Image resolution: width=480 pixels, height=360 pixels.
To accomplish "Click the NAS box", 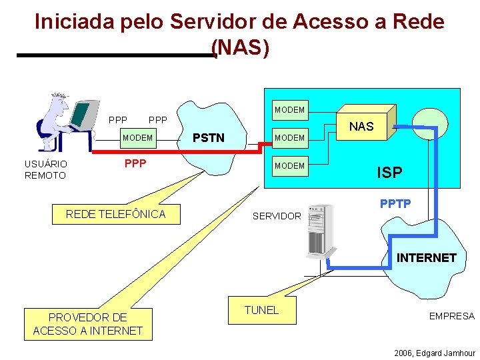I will coord(361,125).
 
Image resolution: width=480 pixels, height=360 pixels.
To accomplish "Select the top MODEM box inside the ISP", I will coord(289,109).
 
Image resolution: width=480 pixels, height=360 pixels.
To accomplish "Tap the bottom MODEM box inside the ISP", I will coord(289,165).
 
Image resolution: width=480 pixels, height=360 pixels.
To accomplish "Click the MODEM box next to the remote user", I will coord(137,138).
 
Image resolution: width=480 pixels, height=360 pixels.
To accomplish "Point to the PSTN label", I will coord(208,138).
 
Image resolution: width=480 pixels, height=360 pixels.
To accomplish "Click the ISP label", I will coord(389,173).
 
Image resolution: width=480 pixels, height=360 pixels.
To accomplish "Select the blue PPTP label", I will coord(395,203).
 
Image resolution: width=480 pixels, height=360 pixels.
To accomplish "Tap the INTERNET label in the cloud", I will coord(427,257).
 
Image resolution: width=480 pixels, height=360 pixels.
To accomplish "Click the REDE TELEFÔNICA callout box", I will coord(115,213).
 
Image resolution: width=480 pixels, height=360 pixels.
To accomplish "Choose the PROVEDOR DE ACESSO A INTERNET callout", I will coord(87,324).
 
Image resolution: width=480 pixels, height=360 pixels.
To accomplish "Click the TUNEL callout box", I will coord(261,311).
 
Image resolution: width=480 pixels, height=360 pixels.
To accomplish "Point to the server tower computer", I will coord(320,231).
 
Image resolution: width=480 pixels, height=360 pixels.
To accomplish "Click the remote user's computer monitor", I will coord(81,115).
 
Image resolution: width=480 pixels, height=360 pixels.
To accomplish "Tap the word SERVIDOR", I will coord(277,216).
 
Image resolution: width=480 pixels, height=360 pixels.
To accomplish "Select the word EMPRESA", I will coord(451,316).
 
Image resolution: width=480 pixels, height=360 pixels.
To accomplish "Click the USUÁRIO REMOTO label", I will coord(45,169).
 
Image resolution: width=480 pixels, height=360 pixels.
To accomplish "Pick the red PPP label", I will coord(135,163).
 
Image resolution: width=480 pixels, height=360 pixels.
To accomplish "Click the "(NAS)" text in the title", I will coord(240,49).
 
